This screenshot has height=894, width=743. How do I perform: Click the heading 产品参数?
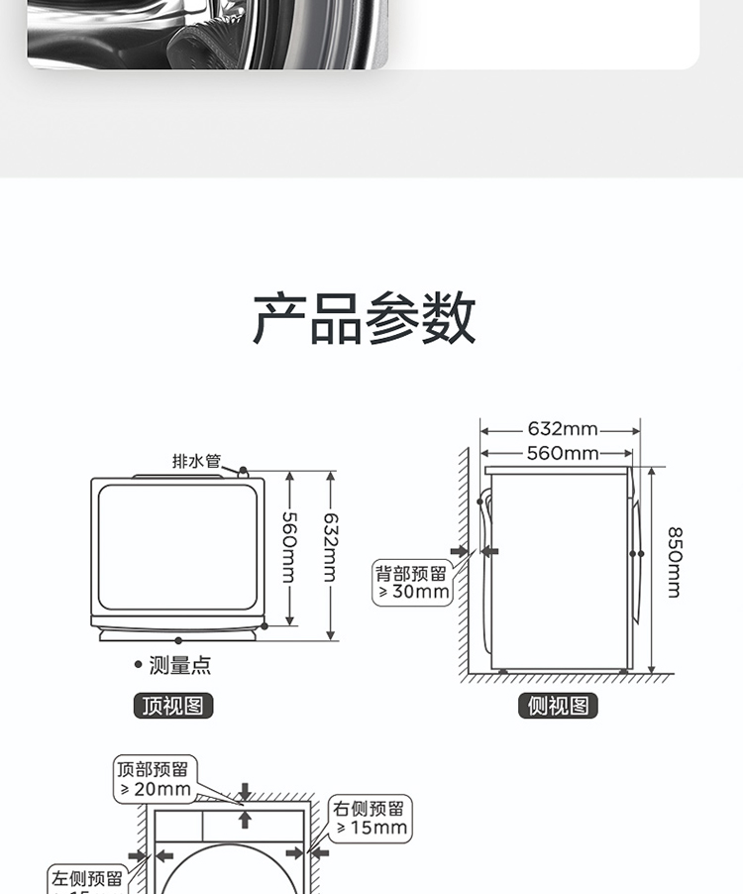click(x=365, y=318)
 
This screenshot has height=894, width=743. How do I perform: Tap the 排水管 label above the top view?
click(x=196, y=461)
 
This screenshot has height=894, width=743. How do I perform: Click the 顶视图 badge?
click(x=173, y=706)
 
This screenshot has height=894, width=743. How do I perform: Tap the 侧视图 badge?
click(x=558, y=706)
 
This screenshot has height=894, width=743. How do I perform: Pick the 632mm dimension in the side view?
click(x=562, y=429)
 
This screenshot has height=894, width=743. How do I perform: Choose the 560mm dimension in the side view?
click(x=562, y=454)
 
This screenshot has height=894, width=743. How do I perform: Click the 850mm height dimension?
click(x=673, y=561)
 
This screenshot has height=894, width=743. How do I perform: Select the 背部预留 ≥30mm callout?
click(x=412, y=583)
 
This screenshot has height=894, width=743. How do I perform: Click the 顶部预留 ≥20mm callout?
click(x=155, y=779)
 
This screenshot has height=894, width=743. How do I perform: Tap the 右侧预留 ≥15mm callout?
click(x=371, y=818)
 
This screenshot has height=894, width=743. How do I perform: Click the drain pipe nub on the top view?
click(x=243, y=469)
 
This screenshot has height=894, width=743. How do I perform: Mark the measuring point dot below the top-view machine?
click(x=178, y=640)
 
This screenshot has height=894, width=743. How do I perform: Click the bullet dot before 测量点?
click(x=138, y=665)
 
